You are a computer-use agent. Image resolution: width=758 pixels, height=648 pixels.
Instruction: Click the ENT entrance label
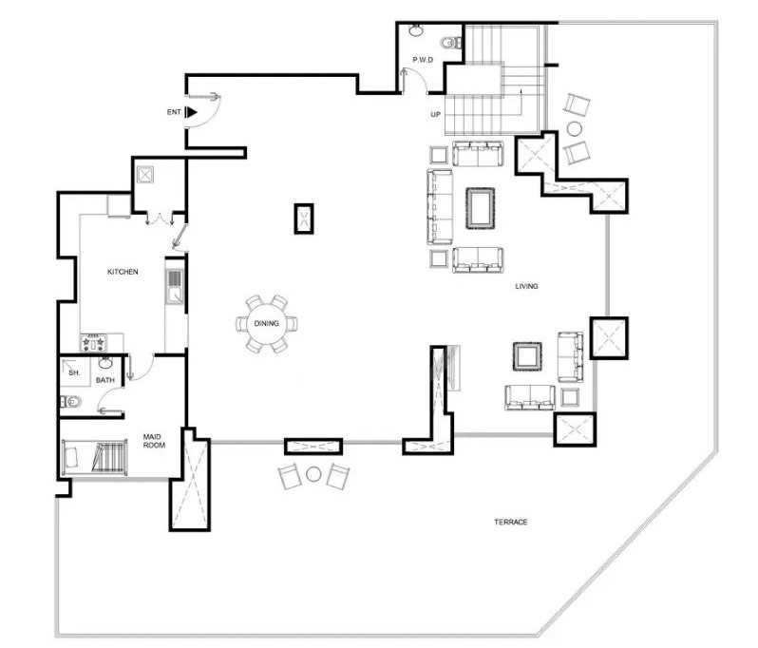point(174,112)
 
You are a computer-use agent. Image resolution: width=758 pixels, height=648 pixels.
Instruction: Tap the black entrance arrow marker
point(192,112)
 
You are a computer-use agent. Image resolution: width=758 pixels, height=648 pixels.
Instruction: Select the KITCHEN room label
point(123,272)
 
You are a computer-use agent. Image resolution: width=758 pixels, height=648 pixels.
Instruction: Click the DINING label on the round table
point(266,323)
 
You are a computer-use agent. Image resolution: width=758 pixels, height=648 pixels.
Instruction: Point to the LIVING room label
point(526,286)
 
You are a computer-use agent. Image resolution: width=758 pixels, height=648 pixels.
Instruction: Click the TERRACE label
point(510,523)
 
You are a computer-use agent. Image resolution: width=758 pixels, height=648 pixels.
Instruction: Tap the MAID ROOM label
point(154,441)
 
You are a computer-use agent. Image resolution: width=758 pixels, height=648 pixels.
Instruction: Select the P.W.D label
point(423,60)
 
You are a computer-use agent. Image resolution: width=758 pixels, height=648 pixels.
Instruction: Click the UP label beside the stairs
point(436,115)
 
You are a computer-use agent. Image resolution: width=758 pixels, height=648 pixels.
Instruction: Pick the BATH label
point(104,380)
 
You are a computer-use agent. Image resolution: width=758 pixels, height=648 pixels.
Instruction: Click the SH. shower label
point(73,372)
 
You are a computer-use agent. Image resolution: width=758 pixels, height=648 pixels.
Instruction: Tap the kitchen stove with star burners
point(93,342)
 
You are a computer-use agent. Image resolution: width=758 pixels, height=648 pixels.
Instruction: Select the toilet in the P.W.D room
point(451,43)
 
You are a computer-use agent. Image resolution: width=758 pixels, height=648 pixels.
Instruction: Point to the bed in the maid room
point(95,457)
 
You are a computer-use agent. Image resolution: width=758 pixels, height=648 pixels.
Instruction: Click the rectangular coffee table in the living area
point(480,208)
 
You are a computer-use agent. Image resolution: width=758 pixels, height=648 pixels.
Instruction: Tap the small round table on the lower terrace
point(313,474)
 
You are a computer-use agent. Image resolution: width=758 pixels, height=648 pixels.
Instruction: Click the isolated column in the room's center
point(304,219)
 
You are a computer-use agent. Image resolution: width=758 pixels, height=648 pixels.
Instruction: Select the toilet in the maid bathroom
point(70,401)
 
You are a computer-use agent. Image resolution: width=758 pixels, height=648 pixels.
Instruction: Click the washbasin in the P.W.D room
point(415,30)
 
